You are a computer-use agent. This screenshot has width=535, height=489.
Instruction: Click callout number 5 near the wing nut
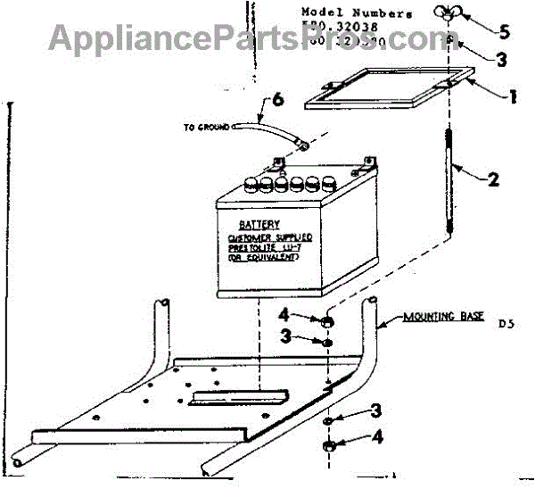(x=504, y=32)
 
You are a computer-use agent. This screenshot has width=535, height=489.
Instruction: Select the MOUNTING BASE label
(x=438, y=317)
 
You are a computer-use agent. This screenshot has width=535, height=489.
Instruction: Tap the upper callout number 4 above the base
(x=285, y=315)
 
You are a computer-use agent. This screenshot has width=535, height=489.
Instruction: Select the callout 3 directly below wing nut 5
(x=503, y=59)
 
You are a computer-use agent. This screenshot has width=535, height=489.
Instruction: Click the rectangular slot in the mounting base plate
(x=237, y=396)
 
